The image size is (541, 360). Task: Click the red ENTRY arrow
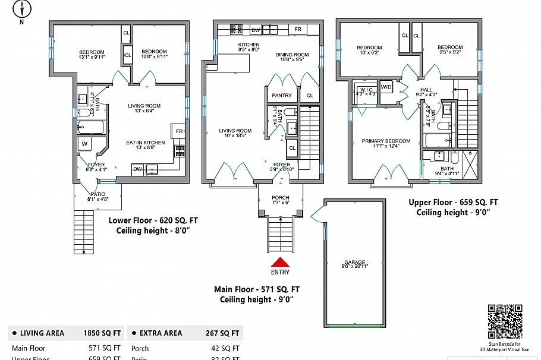click(x=280, y=262)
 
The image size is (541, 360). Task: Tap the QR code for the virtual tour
click(x=504, y=321)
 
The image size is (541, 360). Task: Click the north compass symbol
click(x=22, y=10)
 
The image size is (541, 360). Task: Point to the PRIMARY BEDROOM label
click(x=386, y=141)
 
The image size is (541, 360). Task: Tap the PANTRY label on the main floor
click(x=281, y=95)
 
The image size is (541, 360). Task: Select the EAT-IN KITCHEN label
click(x=145, y=143)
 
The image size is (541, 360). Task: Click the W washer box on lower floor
click(x=84, y=144)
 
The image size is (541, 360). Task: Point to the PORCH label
click(x=280, y=198)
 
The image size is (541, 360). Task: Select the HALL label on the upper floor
click(x=426, y=90)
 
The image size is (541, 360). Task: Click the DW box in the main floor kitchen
click(x=256, y=30)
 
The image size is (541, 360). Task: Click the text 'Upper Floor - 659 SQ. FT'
click(x=453, y=202)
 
